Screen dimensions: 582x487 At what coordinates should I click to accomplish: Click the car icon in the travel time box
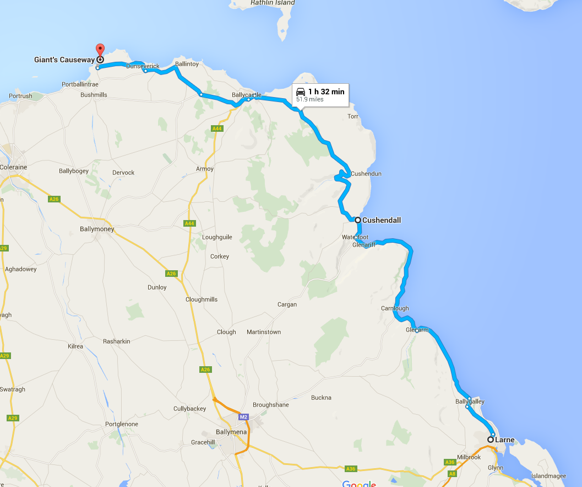click(x=301, y=92)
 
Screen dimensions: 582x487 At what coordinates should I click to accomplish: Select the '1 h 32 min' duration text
click(x=326, y=92)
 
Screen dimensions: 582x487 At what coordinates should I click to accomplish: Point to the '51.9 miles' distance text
click(x=310, y=100)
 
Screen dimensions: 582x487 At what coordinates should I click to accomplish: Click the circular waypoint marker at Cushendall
click(x=358, y=220)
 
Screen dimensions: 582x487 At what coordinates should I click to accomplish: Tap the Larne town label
click(x=504, y=440)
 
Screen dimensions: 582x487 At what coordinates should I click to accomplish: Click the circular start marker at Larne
click(x=491, y=440)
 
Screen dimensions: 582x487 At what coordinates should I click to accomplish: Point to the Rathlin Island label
click(x=273, y=3)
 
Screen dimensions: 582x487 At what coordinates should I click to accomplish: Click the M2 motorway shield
click(x=244, y=418)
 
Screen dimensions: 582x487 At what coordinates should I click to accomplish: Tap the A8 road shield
click(x=452, y=474)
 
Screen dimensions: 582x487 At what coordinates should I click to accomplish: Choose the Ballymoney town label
click(x=96, y=229)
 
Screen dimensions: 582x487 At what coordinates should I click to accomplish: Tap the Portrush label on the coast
click(x=21, y=96)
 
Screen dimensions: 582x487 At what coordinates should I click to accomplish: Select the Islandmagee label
click(x=547, y=476)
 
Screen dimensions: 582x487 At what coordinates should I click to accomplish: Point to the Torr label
click(x=353, y=116)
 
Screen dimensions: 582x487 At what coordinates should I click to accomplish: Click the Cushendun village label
click(x=366, y=174)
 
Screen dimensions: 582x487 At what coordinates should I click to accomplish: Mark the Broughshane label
click(x=271, y=405)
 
